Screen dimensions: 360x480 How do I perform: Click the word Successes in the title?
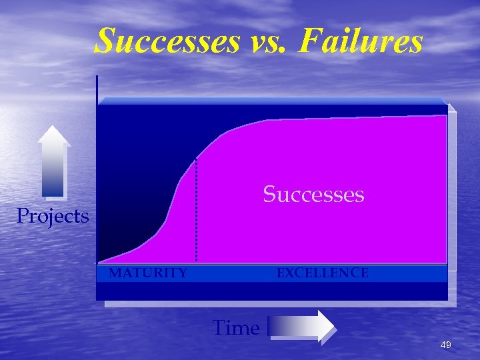click(x=167, y=41)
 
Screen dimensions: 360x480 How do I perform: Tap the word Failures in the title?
click(x=361, y=41)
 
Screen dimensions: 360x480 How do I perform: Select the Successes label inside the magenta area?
click(x=313, y=194)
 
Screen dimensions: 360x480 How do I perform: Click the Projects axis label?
click(x=53, y=216)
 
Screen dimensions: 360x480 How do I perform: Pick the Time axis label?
click(x=235, y=328)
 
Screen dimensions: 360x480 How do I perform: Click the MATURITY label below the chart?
click(x=148, y=273)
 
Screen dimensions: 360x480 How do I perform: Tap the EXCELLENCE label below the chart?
click(x=323, y=273)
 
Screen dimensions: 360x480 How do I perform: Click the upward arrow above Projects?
click(x=54, y=163)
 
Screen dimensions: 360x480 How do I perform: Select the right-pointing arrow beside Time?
click(x=302, y=327)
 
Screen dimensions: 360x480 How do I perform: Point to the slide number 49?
click(x=446, y=345)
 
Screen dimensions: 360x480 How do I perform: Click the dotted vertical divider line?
click(x=196, y=213)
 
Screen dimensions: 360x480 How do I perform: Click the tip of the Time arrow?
click(x=335, y=327)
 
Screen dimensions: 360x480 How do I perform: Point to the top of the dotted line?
click(x=196, y=160)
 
